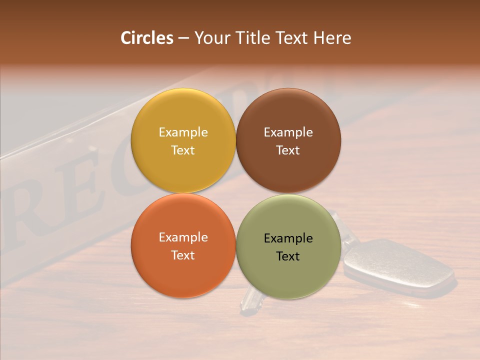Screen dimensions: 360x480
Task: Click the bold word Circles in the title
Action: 147,38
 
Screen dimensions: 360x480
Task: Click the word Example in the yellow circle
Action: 183,132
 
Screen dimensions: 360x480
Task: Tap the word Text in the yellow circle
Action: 183,150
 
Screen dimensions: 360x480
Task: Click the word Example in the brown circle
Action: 288,132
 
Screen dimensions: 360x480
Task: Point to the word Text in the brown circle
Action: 288,150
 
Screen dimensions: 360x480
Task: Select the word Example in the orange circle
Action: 183,237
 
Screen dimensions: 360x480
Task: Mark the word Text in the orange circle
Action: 183,255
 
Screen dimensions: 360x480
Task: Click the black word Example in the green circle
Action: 288,238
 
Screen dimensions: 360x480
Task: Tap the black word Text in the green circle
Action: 288,256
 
